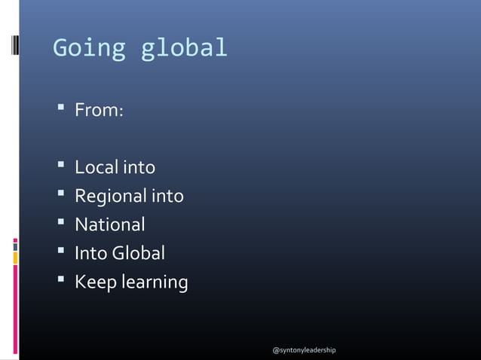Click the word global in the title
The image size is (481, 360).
coord(184,48)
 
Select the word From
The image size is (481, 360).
coord(97,111)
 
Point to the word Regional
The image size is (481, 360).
coord(110,197)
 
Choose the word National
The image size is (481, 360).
coord(109,224)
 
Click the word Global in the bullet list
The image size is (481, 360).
coord(138,253)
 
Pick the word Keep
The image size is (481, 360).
coord(93,282)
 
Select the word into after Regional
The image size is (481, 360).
coord(167,197)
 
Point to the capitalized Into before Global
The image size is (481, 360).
coord(90,253)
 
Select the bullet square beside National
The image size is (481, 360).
coord(60,224)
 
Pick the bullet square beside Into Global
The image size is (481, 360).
coord(60,253)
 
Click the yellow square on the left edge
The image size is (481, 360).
coord(15,256)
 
